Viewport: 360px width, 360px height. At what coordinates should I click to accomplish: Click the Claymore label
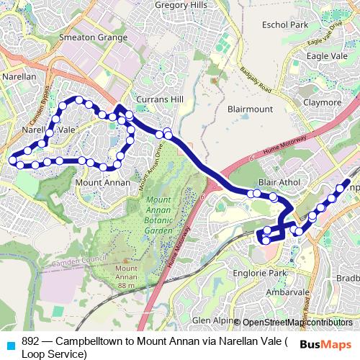coord(322,102)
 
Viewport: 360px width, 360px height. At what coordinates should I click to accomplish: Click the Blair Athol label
coord(281,183)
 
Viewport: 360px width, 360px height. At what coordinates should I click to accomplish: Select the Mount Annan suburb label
coord(103,183)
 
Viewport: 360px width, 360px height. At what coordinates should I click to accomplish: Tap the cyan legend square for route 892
coord(11,344)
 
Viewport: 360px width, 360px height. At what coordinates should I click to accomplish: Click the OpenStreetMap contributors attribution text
coord(297,323)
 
